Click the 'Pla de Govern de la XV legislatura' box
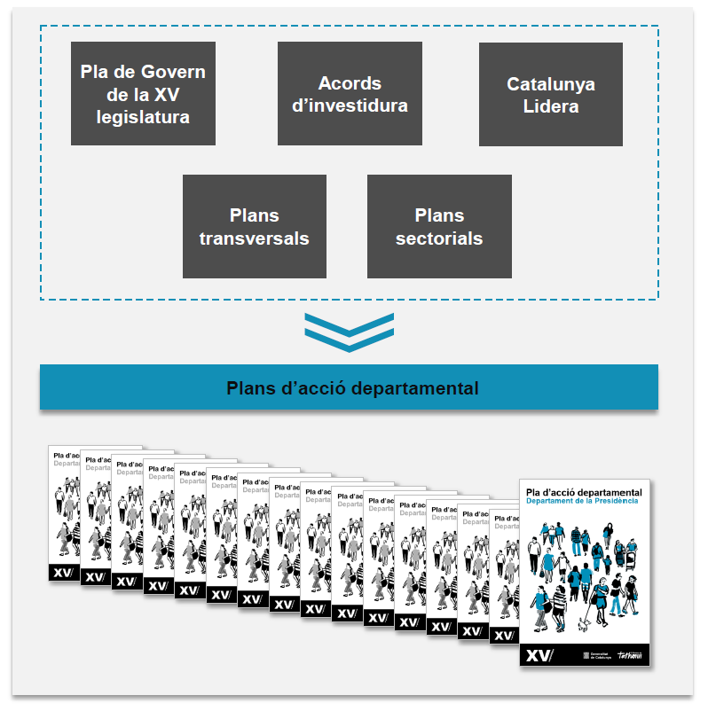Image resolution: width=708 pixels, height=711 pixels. pyautogui.click(x=143, y=93)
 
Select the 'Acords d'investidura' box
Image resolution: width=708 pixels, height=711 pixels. pyautogui.click(x=350, y=94)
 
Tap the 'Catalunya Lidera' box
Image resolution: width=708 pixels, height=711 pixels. pyautogui.click(x=550, y=95)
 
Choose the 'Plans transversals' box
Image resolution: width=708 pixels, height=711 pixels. pyautogui.click(x=254, y=226)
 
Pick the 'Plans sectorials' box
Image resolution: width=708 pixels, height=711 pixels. pyautogui.click(x=439, y=226)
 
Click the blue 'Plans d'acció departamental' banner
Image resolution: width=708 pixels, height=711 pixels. pyautogui.click(x=349, y=387)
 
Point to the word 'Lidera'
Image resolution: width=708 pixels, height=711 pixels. pyautogui.click(x=550, y=107)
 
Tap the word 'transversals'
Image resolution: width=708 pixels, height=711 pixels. pyautogui.click(x=254, y=238)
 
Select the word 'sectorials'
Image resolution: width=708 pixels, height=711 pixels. pyautogui.click(x=439, y=238)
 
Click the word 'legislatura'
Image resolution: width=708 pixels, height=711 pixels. pyautogui.click(x=143, y=116)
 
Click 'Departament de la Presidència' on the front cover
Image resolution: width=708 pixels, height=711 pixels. pyautogui.click(x=581, y=502)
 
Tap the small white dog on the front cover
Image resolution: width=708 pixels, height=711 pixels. pyautogui.click(x=582, y=624)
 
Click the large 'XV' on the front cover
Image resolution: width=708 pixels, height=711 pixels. pyautogui.click(x=539, y=656)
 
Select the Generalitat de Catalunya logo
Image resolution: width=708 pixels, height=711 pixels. pyautogui.click(x=590, y=656)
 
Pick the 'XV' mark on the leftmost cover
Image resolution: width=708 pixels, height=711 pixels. pyautogui.click(x=63, y=573)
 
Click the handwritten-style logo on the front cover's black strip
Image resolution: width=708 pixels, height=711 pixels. pyautogui.click(x=628, y=656)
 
